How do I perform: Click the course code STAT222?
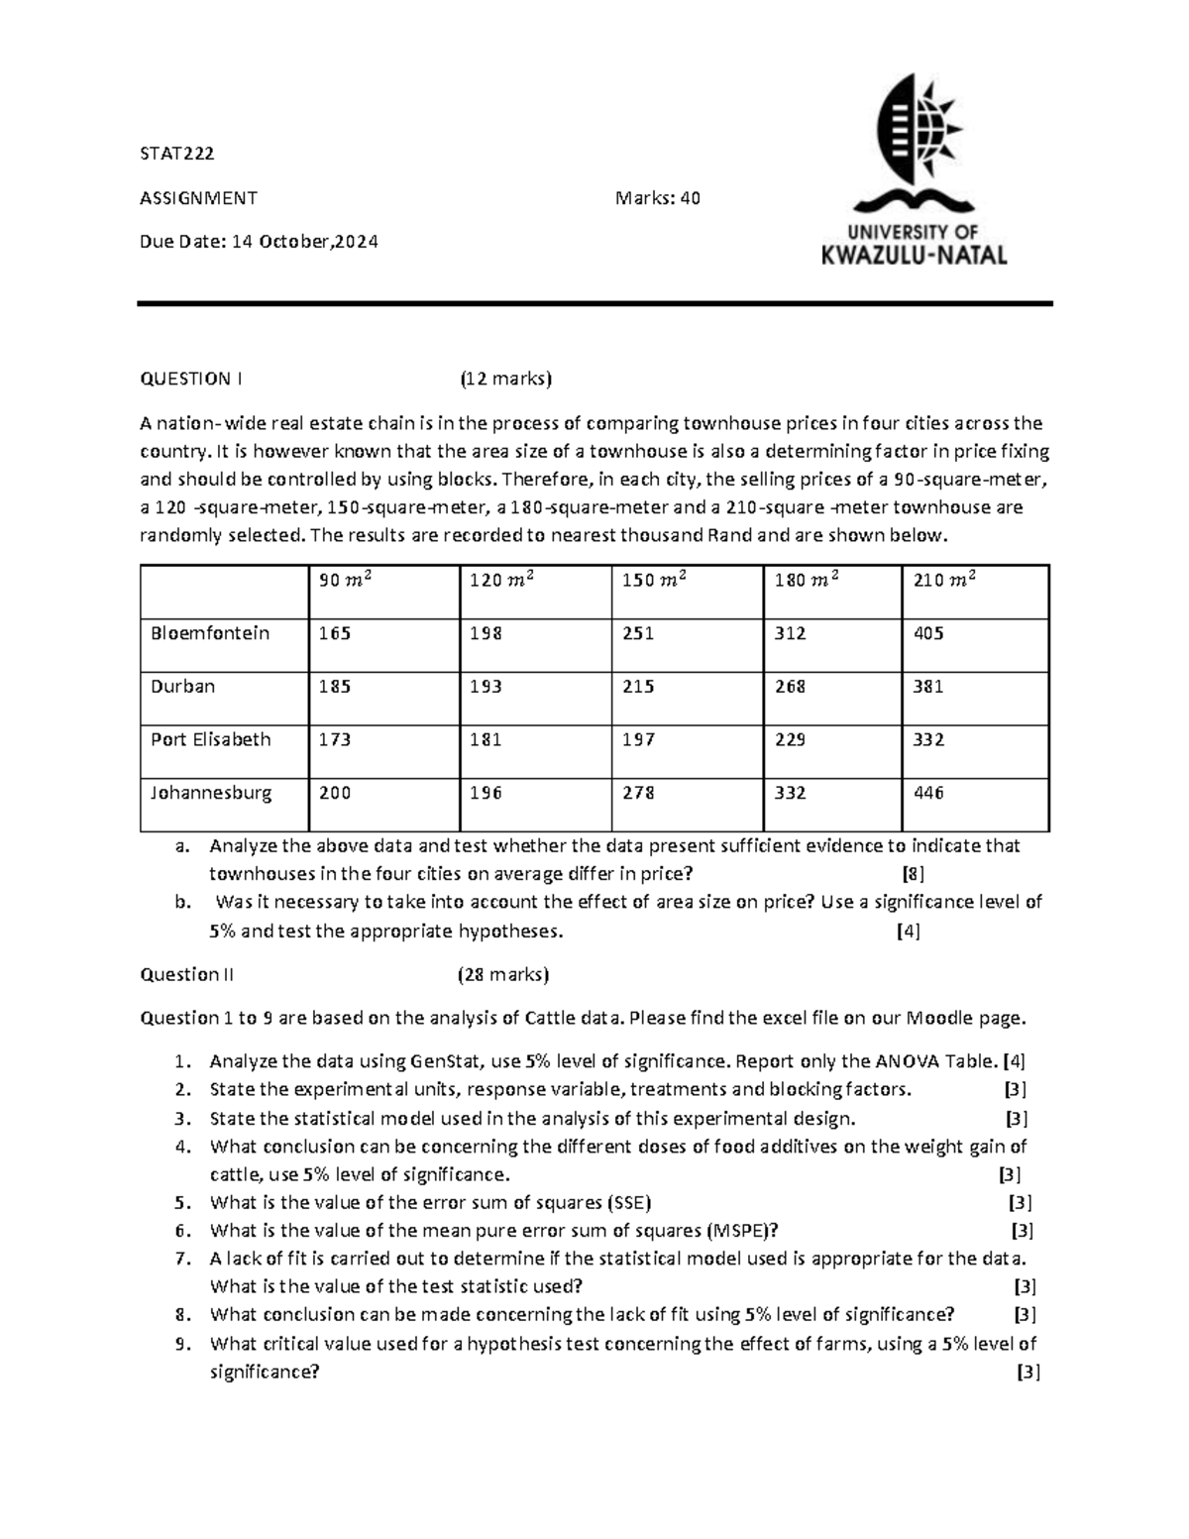tap(177, 154)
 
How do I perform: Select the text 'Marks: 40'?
tap(658, 198)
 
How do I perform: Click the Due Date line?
tap(259, 242)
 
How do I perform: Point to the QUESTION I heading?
tap(191, 379)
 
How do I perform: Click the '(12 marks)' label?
tap(504, 379)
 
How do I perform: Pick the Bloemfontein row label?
tap(210, 633)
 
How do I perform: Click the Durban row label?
tap(182, 687)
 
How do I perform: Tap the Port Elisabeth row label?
tap(210, 739)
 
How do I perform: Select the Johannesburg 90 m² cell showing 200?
tap(335, 793)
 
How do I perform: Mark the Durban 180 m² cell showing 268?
tap(790, 687)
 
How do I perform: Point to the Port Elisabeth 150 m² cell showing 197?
tap(638, 739)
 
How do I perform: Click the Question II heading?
tap(187, 974)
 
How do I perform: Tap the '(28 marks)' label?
tap(502, 974)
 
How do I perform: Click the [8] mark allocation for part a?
tap(913, 874)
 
